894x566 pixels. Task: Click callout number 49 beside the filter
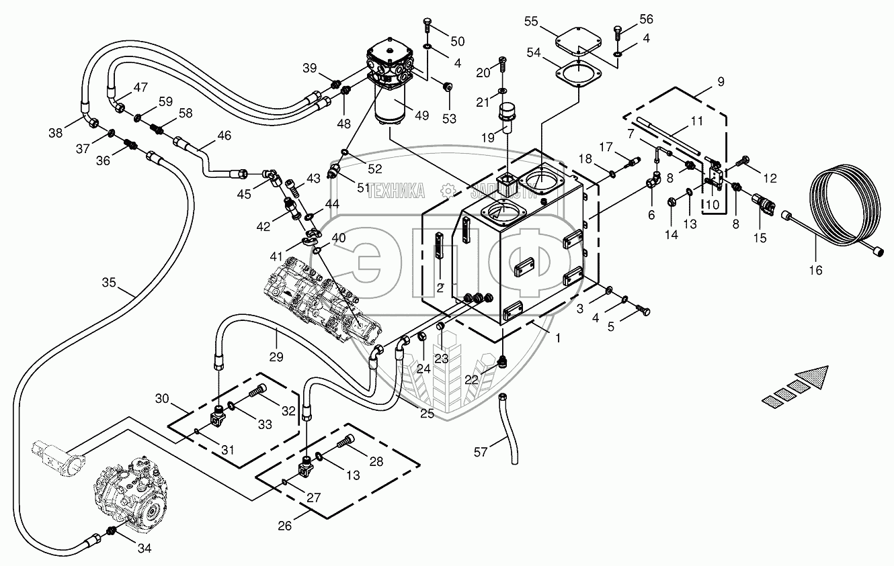tap(421, 115)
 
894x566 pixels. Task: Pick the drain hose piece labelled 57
tap(509, 430)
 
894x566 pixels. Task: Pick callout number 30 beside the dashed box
tap(163, 399)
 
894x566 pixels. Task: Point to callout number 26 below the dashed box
tap(286, 525)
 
